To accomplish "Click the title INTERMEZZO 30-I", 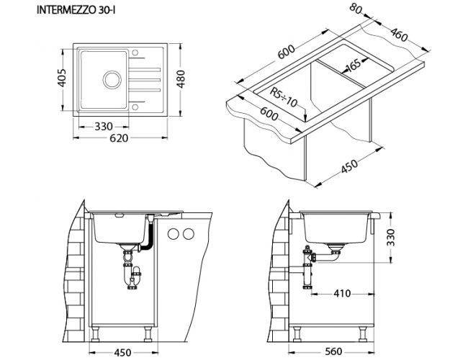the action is [x=76, y=10].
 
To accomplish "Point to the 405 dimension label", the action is [x=62, y=78].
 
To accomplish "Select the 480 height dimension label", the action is [x=181, y=78].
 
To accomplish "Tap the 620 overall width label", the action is [x=119, y=138].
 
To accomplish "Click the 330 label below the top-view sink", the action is [x=104, y=127].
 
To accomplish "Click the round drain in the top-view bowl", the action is [x=112, y=80].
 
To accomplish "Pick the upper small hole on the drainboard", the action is [x=135, y=53].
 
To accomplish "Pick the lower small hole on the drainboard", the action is [x=135, y=107].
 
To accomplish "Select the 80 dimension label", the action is [x=356, y=9].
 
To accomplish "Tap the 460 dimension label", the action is [x=398, y=35].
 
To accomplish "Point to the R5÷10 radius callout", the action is [x=284, y=97].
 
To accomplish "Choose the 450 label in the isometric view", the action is [x=349, y=166].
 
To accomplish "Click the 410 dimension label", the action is [x=342, y=294].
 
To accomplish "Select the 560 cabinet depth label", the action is [x=333, y=351].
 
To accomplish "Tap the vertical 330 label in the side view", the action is [x=390, y=238].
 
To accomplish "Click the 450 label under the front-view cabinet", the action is [x=122, y=353].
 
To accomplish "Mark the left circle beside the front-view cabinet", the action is [x=174, y=234].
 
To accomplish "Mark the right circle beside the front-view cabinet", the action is [x=189, y=234].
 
